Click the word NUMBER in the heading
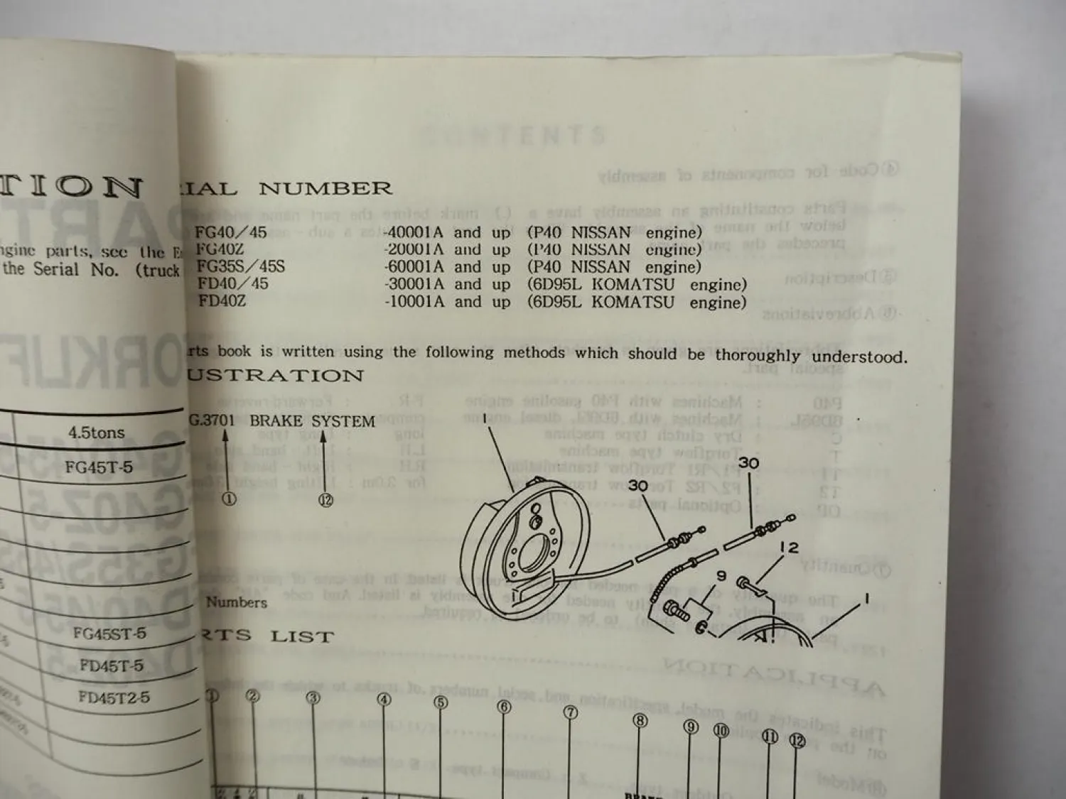(x=325, y=189)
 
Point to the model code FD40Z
(x=222, y=301)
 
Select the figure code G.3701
(x=212, y=420)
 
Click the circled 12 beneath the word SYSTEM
(x=325, y=501)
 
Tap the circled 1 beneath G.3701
(x=229, y=499)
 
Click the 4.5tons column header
(x=97, y=433)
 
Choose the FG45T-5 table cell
(x=99, y=467)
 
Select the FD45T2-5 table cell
(x=114, y=697)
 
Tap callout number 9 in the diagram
(x=720, y=576)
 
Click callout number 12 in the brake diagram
(x=788, y=548)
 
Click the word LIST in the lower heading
(x=301, y=636)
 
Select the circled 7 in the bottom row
(x=571, y=713)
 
